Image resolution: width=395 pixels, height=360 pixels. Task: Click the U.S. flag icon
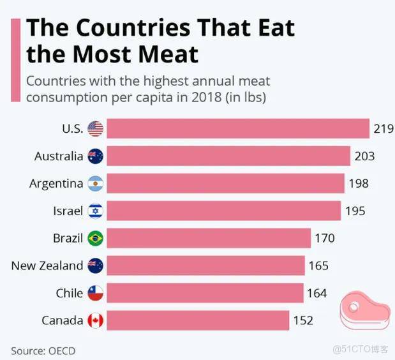tap(95, 129)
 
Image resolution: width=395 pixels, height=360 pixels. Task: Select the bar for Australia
tap(228, 156)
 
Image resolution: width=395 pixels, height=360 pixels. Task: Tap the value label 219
tap(383, 129)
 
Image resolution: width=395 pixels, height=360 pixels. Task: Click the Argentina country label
tap(56, 184)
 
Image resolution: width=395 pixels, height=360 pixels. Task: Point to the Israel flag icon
tap(95, 211)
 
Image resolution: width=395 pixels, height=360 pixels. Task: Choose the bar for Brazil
tap(208, 239)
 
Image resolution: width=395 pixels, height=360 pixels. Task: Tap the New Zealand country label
tap(47, 266)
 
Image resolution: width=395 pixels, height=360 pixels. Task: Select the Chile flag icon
tap(95, 293)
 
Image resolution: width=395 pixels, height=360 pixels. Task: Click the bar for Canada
tap(197, 320)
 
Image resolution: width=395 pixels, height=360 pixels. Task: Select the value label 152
tap(303, 320)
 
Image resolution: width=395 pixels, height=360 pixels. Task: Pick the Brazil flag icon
tap(95, 239)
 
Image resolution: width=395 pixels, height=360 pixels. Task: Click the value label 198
tap(358, 184)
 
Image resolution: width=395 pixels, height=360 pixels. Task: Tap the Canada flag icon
tap(95, 320)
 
